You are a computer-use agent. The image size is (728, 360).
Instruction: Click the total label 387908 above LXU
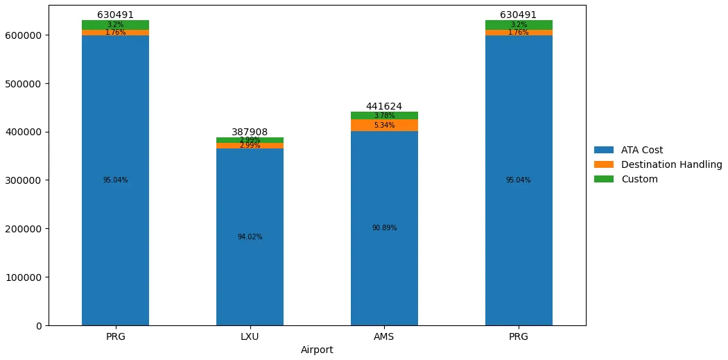click(x=250, y=132)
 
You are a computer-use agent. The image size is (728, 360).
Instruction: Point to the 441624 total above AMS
click(x=384, y=107)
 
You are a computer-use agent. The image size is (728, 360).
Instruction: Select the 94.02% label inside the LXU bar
click(x=250, y=237)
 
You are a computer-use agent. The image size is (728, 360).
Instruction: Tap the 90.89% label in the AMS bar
click(x=384, y=228)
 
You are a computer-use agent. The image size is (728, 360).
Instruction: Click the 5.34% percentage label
click(x=384, y=126)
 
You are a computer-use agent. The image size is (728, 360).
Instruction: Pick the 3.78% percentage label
click(x=384, y=116)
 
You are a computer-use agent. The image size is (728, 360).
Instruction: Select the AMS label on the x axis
click(x=384, y=336)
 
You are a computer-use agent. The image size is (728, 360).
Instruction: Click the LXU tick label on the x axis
click(x=250, y=336)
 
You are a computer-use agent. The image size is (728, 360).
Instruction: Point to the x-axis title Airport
click(x=317, y=350)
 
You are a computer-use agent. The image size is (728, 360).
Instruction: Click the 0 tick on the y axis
click(x=39, y=326)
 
